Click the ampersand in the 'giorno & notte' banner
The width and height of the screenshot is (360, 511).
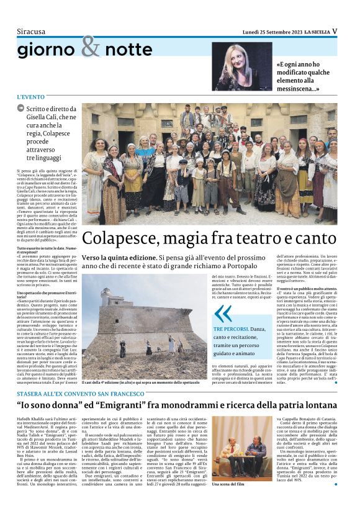click(91, 47)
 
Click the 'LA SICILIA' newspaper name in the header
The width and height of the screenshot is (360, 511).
click(316, 31)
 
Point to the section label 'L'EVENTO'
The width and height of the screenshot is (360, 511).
click(31, 97)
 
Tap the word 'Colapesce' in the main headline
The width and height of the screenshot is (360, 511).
click(119, 238)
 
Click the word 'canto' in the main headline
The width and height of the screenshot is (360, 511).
click(315, 238)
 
